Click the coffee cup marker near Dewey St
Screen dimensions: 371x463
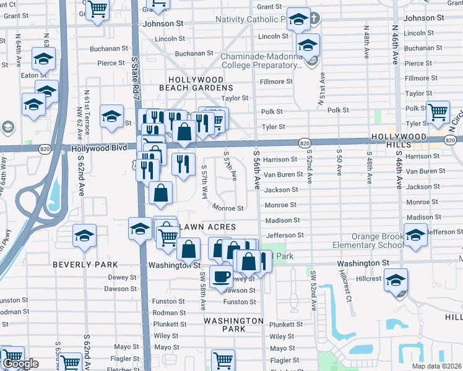click(x=221, y=276)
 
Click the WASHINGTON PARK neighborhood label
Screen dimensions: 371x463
click(x=233, y=325)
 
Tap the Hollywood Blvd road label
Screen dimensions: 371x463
click(x=99, y=148)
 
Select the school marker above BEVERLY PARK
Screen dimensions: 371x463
click(x=84, y=235)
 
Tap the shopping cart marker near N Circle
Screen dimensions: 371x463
click(x=438, y=113)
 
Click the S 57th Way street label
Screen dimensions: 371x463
click(x=205, y=182)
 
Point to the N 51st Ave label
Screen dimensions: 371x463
click(x=322, y=90)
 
